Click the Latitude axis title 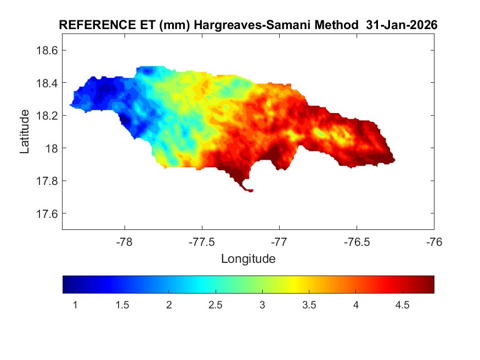pyautogui.click(x=25, y=132)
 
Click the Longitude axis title pyautogui.click(x=248, y=258)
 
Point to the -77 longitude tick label pyautogui.click(x=279, y=241)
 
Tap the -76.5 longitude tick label pyautogui.click(x=357, y=241)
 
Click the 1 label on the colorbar pyautogui.click(x=75, y=305)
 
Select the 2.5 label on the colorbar pyautogui.click(x=216, y=305)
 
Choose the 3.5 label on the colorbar pyautogui.click(x=309, y=305)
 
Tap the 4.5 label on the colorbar pyautogui.click(x=403, y=305)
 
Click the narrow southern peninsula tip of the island pyautogui.click(x=249, y=190)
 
